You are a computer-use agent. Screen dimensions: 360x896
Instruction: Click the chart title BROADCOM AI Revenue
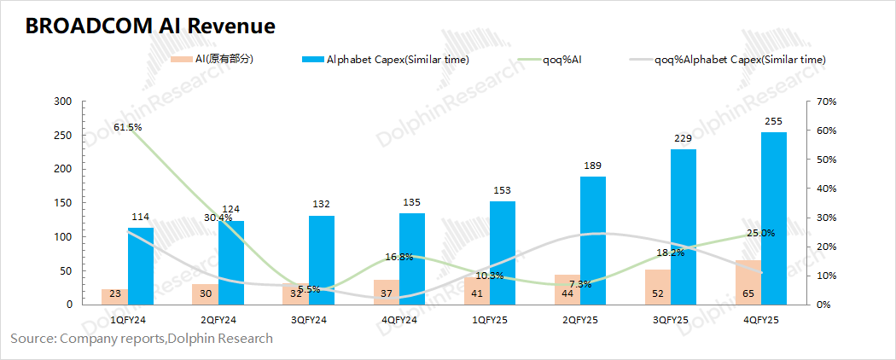(x=150, y=26)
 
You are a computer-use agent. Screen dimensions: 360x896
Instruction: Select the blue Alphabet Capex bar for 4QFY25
(x=773, y=218)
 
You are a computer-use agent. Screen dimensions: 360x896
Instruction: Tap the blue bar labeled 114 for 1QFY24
(x=141, y=266)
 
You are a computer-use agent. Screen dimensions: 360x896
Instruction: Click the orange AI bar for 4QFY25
(x=748, y=282)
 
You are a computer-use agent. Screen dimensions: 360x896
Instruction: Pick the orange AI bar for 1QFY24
(x=114, y=297)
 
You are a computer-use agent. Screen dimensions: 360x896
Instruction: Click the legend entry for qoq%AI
(x=563, y=60)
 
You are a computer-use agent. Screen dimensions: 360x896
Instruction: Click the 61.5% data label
(x=127, y=127)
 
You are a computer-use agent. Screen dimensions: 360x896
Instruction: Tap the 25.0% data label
(x=760, y=233)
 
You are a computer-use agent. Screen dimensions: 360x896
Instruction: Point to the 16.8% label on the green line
(x=399, y=256)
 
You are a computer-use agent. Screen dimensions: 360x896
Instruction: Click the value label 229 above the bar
(x=683, y=139)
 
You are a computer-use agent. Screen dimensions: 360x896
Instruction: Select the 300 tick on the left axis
(x=62, y=102)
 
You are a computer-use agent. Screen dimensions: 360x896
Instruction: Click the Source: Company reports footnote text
(x=142, y=339)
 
